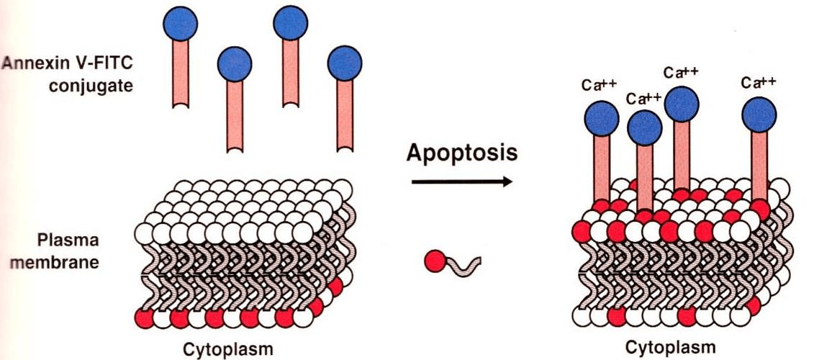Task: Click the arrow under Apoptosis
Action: pos(461,182)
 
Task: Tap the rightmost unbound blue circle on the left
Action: pos(345,64)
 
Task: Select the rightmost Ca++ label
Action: pos(759,83)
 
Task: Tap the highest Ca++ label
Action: pos(681,72)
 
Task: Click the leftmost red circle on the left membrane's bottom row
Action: pos(145,317)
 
